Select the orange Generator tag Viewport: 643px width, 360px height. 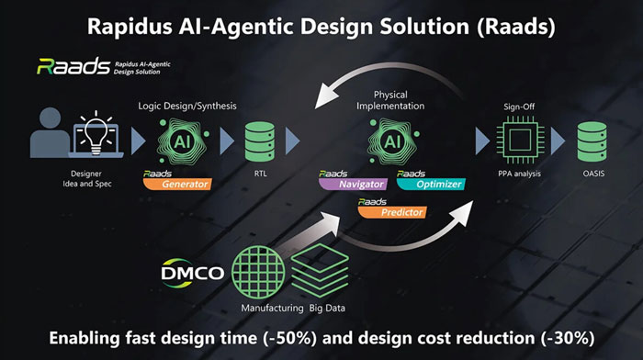pos(179,184)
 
